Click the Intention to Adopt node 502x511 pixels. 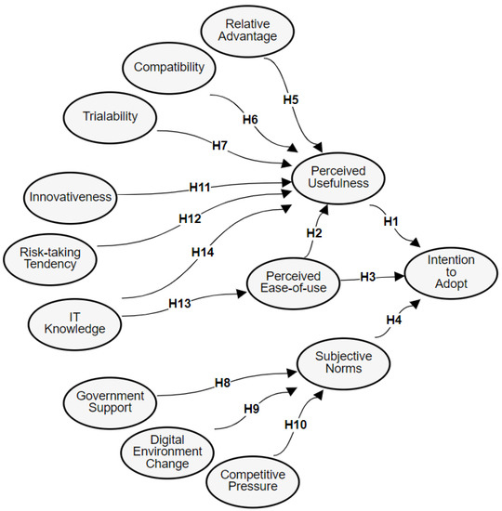(451, 271)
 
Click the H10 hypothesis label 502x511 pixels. (296, 425)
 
